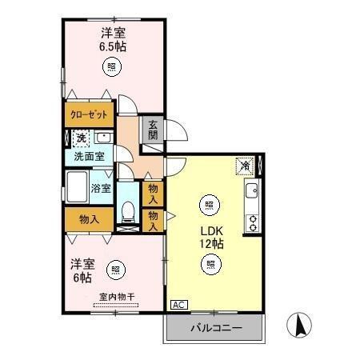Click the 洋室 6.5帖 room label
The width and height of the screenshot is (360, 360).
(113, 39)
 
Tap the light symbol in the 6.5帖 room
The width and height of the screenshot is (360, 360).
(113, 67)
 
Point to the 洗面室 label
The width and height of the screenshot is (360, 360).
(89, 157)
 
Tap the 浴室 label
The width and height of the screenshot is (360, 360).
(100, 190)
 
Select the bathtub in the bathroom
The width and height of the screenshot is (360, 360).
(78, 190)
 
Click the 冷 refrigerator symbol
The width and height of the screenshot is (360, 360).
(244, 166)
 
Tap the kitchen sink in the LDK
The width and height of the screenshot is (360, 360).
(251, 191)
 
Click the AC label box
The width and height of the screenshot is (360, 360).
(178, 305)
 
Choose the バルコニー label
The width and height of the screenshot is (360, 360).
(214, 329)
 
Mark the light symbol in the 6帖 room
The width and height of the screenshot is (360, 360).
(117, 268)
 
